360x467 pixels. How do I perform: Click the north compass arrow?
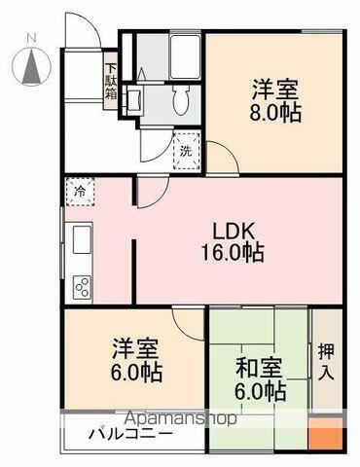click(x=30, y=65)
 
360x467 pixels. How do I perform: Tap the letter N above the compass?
click(x=30, y=39)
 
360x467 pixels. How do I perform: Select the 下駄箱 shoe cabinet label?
click(x=112, y=81)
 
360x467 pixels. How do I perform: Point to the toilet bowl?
click(x=177, y=101)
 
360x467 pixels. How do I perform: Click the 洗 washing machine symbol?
click(x=185, y=152)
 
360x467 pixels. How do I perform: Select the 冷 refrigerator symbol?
click(x=79, y=191)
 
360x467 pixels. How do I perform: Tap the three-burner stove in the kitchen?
click(x=79, y=286)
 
